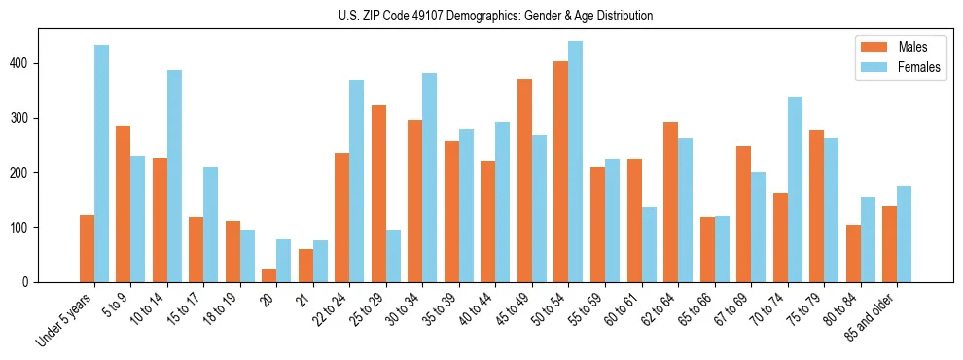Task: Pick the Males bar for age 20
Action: click(x=269, y=275)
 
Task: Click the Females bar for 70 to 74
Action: click(x=795, y=190)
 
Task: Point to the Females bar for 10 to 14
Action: click(x=174, y=176)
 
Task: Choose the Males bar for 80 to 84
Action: click(x=853, y=253)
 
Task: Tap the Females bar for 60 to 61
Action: click(x=649, y=244)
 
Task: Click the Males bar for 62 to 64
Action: click(x=670, y=201)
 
